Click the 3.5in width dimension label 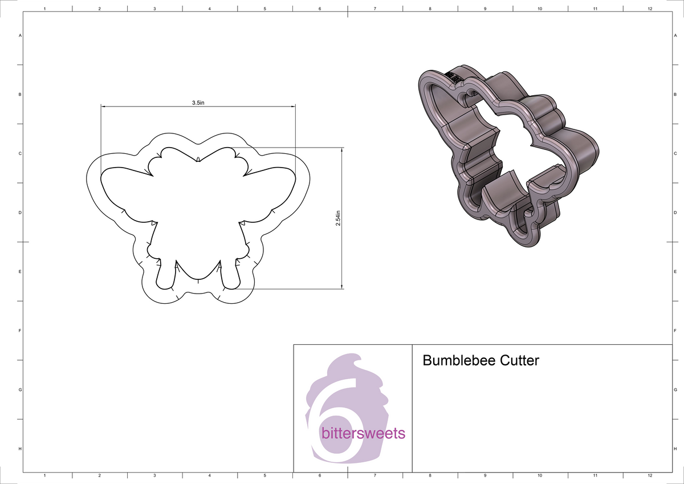point(198,103)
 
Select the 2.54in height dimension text point(338,218)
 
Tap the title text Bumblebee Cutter point(481,360)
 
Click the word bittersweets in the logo point(363,433)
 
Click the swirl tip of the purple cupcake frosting point(357,357)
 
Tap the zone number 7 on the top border point(374,9)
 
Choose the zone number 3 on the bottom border point(154,475)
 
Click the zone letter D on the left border point(21,213)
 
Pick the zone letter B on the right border point(675,95)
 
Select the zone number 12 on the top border point(650,9)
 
